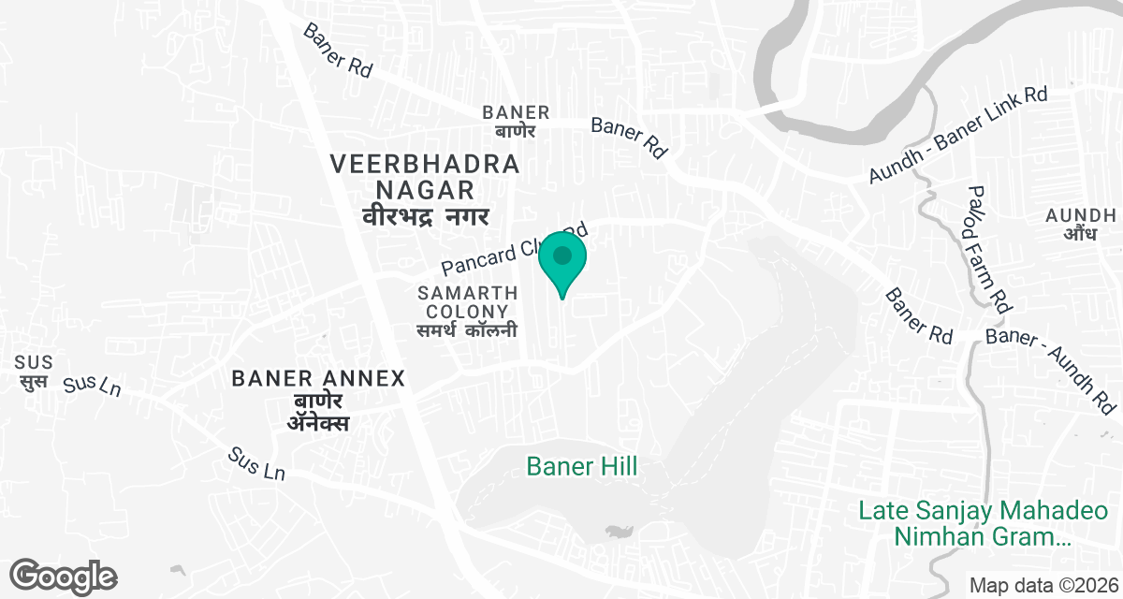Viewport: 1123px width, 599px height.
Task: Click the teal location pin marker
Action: (562, 258)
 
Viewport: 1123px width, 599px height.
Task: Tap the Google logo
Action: (64, 576)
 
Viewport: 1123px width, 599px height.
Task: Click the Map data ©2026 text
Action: (1043, 585)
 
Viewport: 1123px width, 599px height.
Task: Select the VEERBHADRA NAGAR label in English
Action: (425, 177)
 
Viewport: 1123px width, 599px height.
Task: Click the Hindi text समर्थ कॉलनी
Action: (467, 330)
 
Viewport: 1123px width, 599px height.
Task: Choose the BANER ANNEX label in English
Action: (318, 379)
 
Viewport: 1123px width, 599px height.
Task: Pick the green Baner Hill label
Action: (581, 465)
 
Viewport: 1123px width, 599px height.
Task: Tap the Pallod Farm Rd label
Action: (990, 248)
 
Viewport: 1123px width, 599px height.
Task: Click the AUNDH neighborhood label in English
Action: (1080, 215)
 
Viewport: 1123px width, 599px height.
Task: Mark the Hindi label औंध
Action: (1080, 234)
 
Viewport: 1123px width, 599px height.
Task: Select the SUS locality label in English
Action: (34, 362)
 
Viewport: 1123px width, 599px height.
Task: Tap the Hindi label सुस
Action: (34, 381)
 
